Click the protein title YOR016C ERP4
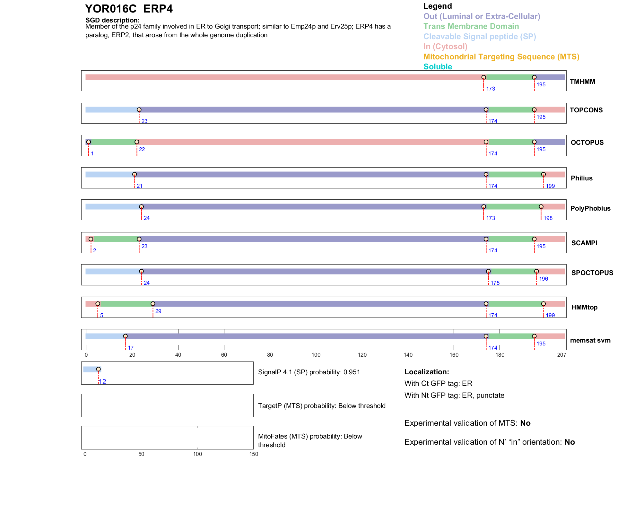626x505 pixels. (x=129, y=9)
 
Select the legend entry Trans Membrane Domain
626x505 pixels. (x=471, y=26)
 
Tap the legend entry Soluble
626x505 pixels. (x=438, y=67)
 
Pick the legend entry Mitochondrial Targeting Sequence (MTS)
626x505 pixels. (x=501, y=57)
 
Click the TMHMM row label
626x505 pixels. (x=582, y=82)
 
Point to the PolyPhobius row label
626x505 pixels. (x=590, y=208)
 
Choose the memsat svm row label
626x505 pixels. (x=590, y=340)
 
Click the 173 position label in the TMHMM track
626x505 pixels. (x=491, y=89)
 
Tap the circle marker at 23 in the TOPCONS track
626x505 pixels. (x=139, y=110)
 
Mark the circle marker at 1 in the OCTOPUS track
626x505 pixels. (x=89, y=142)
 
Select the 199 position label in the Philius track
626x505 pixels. (x=550, y=186)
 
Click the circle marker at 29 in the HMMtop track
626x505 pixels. (x=153, y=304)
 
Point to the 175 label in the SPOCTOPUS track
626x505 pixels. (x=495, y=283)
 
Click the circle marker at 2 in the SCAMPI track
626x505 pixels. (x=91, y=239)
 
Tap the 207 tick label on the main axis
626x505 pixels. (x=561, y=355)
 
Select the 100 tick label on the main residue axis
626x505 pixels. (x=316, y=355)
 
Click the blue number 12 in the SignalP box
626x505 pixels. (x=102, y=382)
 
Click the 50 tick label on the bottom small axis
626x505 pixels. (x=141, y=454)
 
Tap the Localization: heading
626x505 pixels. (x=426, y=372)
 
